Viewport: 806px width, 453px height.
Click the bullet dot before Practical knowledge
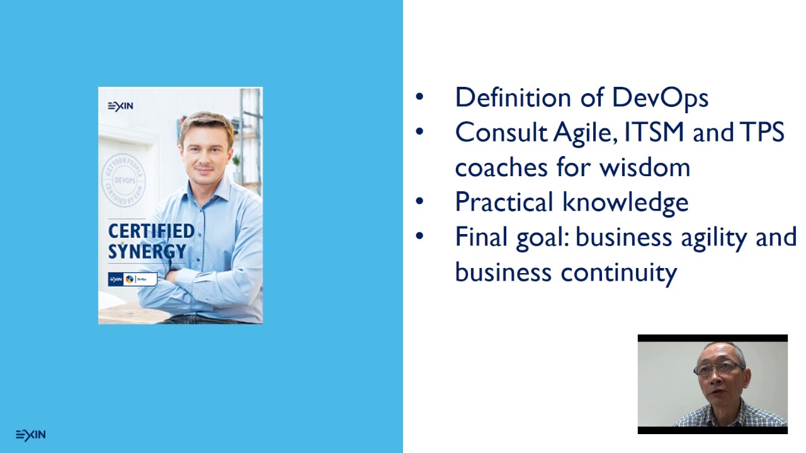click(x=420, y=202)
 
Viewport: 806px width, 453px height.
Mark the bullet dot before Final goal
click(x=420, y=237)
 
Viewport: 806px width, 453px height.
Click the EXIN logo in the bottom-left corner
click(x=30, y=435)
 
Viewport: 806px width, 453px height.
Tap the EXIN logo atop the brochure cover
click(x=120, y=106)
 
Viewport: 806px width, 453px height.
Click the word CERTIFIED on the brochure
click(x=151, y=231)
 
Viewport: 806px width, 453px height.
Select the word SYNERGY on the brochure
click(x=147, y=252)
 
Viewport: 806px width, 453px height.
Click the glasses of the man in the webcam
click(x=718, y=367)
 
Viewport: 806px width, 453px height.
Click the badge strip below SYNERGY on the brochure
click(x=132, y=279)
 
